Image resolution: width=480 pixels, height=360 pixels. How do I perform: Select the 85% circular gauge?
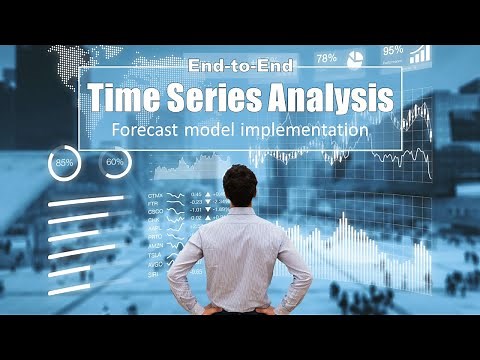pos(65,162)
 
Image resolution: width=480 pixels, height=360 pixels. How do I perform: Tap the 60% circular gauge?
pos(114,162)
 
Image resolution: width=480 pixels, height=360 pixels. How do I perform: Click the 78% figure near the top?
pos(327,58)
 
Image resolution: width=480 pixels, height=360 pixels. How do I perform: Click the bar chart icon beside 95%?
pos(420,53)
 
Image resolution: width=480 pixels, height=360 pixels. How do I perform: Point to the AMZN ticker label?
pos(155,245)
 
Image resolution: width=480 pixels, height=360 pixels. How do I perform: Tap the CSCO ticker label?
pos(155,212)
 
